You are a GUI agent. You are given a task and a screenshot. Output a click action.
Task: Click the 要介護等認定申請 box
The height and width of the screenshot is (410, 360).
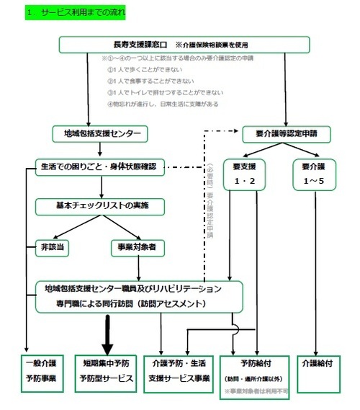(x=287, y=133)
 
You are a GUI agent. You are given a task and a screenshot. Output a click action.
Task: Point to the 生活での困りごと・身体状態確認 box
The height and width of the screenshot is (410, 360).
(x=99, y=166)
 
